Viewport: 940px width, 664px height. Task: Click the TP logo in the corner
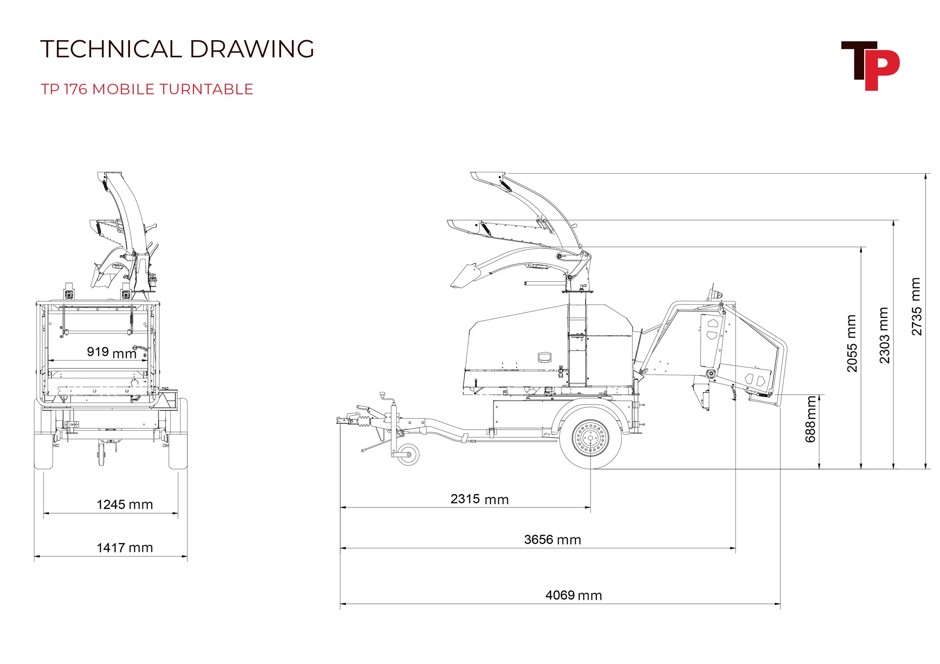click(x=870, y=66)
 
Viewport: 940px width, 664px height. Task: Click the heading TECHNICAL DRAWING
click(x=177, y=49)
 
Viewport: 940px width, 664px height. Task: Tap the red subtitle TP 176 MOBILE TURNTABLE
click(x=147, y=89)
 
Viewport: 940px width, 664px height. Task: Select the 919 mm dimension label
click(x=112, y=352)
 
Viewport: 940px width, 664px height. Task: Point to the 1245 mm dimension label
click(x=125, y=504)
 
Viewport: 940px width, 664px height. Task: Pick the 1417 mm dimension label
click(x=125, y=548)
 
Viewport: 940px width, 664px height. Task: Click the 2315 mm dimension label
click(x=480, y=499)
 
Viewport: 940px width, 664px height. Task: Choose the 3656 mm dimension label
click(x=553, y=540)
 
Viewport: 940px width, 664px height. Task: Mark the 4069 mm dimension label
click(x=574, y=595)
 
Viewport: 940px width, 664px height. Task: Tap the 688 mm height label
click(x=811, y=419)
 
